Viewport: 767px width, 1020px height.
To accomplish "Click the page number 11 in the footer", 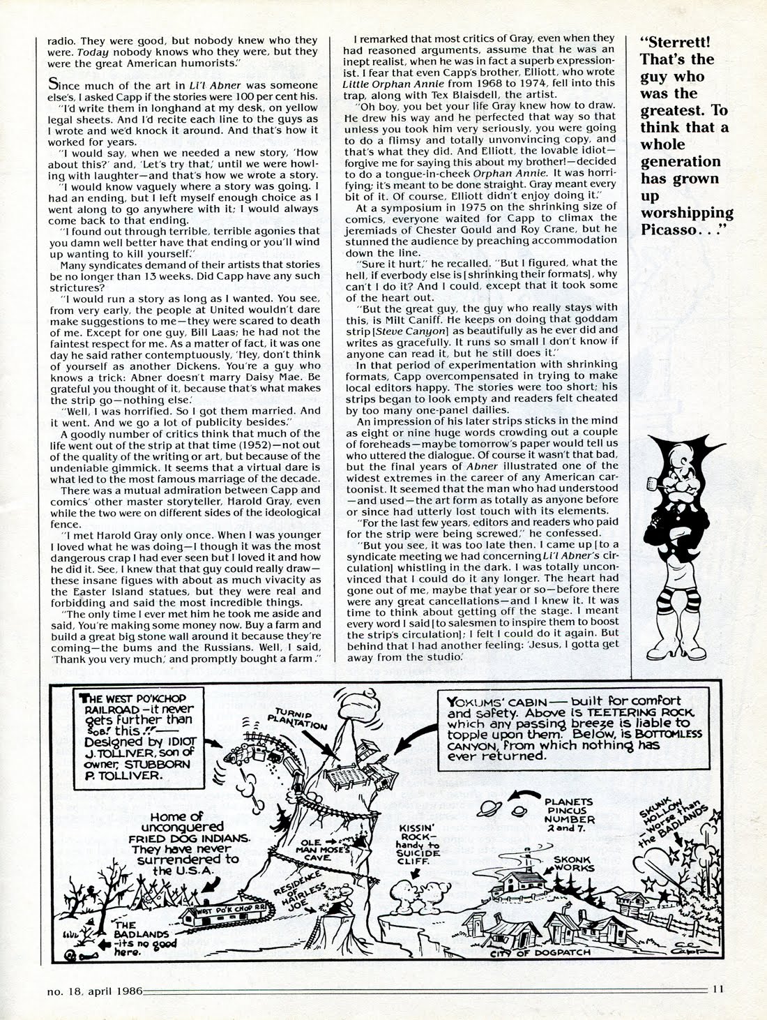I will click(719, 1007).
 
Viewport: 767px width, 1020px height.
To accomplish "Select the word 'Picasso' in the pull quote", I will click(671, 230).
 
